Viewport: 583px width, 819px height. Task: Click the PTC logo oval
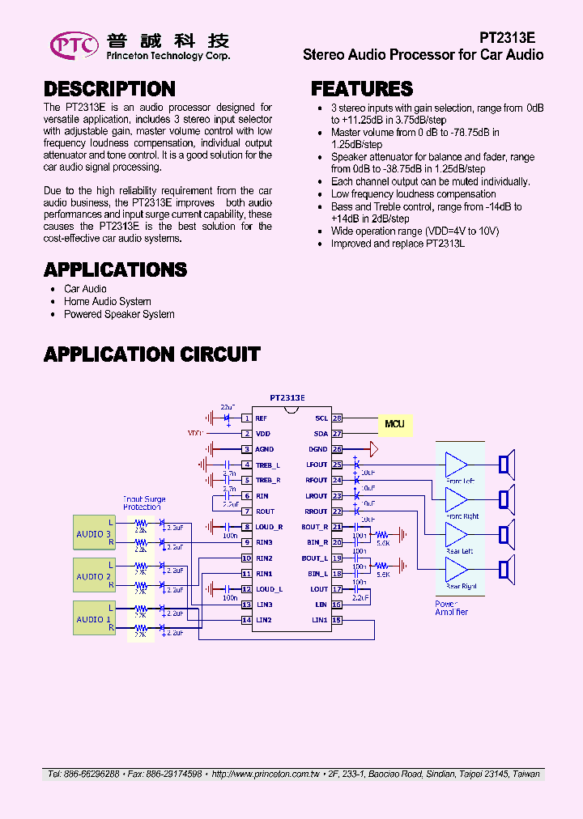point(74,45)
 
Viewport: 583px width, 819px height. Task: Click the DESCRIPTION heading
point(109,89)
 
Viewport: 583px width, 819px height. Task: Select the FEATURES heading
point(362,89)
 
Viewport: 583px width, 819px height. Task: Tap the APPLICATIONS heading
point(115,269)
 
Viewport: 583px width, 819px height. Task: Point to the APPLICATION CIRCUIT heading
point(152,354)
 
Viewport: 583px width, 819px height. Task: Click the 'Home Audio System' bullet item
point(108,302)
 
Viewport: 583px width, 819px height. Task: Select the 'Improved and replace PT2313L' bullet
point(398,244)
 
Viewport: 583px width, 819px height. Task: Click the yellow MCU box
point(394,423)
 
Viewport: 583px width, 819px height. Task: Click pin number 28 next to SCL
point(338,418)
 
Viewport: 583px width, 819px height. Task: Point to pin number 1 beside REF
point(246,418)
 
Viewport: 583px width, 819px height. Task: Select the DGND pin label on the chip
point(317,449)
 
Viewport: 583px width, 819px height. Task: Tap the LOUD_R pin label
point(269,527)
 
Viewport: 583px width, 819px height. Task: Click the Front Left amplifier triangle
point(455,465)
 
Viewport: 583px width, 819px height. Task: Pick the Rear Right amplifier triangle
point(455,571)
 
